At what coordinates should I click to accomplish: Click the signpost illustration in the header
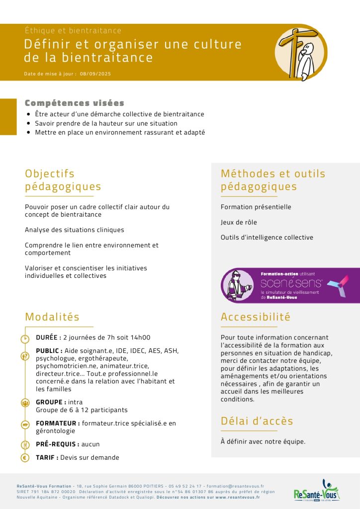pos(300,52)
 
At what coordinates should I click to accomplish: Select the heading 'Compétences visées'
pos(75,103)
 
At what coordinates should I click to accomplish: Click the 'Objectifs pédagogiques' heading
pos(63,180)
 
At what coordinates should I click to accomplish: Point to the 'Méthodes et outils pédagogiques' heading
pos(273,180)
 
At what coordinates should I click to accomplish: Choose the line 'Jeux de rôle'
pos(239,222)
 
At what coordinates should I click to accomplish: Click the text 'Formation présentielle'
pos(256,207)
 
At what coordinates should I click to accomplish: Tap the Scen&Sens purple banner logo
pos(290,285)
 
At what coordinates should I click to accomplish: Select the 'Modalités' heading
pos(52,317)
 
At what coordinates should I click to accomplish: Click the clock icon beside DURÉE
pos(25,339)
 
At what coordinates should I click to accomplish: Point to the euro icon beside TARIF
pos(25,458)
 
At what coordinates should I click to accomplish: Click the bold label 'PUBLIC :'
pos(49,350)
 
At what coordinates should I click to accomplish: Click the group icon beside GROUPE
pos(25,403)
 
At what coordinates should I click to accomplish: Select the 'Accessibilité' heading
pos(256,317)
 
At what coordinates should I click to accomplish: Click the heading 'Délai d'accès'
pos(257,421)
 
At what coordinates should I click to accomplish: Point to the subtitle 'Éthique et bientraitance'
pos(73,31)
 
